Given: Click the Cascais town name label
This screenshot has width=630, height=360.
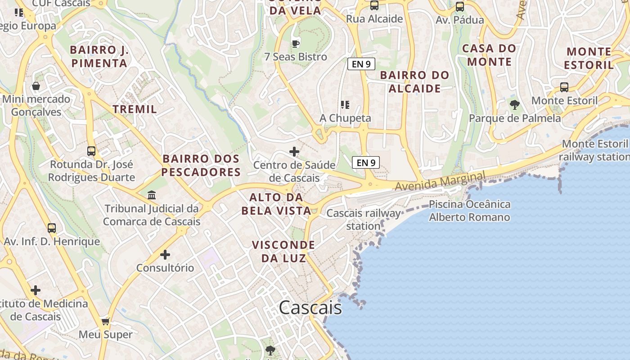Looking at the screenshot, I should click(x=310, y=308).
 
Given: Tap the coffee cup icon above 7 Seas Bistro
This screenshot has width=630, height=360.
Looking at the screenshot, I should click(x=295, y=44).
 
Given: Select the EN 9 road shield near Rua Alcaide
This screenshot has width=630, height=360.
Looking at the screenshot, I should click(x=361, y=64).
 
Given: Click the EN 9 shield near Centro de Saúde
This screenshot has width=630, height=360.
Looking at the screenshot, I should click(x=365, y=162).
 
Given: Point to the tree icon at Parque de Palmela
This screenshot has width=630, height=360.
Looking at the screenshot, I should click(x=515, y=105).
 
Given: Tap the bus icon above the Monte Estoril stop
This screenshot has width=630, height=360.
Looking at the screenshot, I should click(x=564, y=87).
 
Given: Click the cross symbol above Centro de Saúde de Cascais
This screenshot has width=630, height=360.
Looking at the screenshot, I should click(x=294, y=152).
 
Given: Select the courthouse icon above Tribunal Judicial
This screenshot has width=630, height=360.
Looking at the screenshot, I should click(x=152, y=195).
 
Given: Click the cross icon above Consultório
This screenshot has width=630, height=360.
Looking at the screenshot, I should click(x=165, y=255).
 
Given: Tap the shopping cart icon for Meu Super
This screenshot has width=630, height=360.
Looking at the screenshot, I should click(x=106, y=321).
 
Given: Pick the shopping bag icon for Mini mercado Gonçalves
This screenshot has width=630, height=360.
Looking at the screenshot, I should click(x=36, y=85).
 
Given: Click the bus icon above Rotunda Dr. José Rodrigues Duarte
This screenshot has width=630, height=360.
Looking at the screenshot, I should click(x=91, y=151).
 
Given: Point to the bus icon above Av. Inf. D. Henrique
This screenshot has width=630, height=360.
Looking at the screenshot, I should click(x=52, y=228).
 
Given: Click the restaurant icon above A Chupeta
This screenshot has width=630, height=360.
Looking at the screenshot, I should click(x=345, y=105).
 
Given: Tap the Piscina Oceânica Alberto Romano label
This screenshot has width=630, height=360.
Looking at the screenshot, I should click(x=469, y=211).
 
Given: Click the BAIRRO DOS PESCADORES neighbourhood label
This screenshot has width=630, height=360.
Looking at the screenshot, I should click(x=201, y=165).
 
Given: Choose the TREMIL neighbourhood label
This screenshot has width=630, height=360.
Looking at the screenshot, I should click(x=135, y=109).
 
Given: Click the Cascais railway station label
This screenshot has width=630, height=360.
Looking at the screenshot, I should click(x=363, y=219).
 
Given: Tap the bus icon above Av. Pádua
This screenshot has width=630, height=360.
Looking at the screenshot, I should click(x=459, y=7).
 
